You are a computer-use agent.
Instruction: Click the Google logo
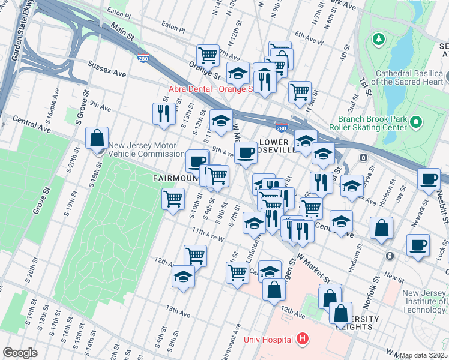point(20,353)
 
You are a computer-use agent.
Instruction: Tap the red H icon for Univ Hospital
point(303,340)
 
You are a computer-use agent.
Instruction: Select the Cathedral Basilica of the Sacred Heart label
point(409,77)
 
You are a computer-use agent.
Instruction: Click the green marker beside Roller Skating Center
point(415,123)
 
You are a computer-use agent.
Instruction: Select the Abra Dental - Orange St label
point(210,89)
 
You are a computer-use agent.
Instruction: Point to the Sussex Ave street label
point(107,68)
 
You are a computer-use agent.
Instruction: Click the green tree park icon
point(378,40)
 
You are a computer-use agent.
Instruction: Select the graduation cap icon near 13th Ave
point(183,277)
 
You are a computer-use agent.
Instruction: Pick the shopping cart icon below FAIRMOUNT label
point(173,199)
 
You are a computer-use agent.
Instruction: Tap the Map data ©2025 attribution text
point(423,355)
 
